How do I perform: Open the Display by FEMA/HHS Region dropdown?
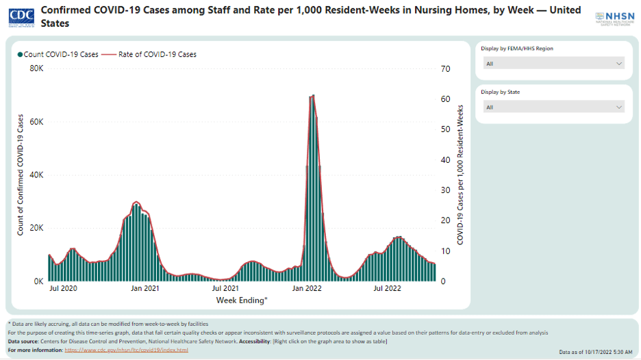click(x=554, y=64)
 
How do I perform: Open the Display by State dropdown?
click(x=554, y=107)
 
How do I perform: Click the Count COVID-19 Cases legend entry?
click(x=60, y=54)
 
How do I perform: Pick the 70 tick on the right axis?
click(x=445, y=69)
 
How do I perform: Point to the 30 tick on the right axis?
click(x=445, y=190)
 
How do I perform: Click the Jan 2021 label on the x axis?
click(x=144, y=289)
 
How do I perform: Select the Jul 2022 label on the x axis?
click(x=387, y=289)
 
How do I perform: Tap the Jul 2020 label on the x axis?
click(x=63, y=289)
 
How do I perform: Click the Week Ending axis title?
click(x=242, y=300)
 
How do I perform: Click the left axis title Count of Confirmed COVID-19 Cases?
click(x=21, y=175)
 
